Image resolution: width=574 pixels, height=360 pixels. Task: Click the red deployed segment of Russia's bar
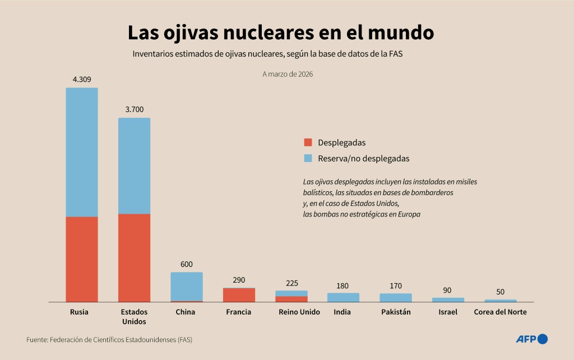coord(82,259)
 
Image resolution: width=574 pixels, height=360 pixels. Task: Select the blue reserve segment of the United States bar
coord(134,165)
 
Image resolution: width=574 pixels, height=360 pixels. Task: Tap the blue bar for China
coord(187,287)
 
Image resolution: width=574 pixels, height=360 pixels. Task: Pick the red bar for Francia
coord(239,296)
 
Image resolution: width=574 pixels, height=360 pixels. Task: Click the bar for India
coord(343,297)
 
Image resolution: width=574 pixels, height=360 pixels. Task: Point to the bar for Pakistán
coord(396,298)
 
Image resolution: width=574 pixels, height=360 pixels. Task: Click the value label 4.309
coord(81,79)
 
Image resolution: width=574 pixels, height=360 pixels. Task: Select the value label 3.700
coord(134,109)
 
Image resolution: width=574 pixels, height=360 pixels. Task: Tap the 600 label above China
coord(187,264)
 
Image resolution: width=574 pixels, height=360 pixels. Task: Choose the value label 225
coord(291,283)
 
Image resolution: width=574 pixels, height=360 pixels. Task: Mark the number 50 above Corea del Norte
coord(500,292)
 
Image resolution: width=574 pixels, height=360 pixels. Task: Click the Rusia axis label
coord(80,312)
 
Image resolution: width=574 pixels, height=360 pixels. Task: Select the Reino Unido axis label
coord(299,312)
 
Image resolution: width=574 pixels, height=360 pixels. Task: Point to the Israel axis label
coord(448,312)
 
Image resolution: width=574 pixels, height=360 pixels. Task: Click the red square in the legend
coord(308,142)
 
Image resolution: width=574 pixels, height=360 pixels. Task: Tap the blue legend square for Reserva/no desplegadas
coord(308,158)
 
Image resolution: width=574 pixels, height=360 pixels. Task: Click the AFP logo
coord(531,339)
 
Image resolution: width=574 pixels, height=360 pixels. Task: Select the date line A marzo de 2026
coord(287,73)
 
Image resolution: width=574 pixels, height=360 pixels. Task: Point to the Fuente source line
coord(113,339)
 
